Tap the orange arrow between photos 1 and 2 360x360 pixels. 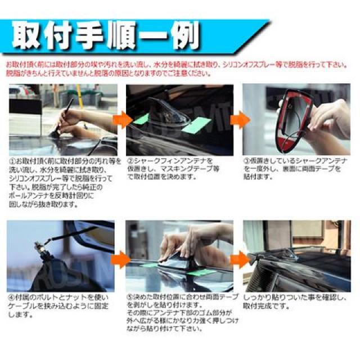[x=120, y=119]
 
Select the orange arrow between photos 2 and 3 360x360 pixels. [x=238, y=119]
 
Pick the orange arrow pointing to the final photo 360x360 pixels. [x=238, y=259]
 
